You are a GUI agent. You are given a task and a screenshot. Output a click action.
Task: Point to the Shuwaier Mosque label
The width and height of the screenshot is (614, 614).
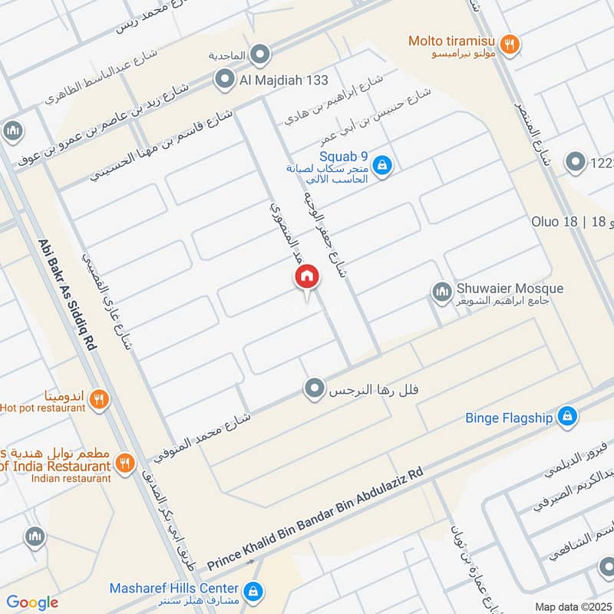510,289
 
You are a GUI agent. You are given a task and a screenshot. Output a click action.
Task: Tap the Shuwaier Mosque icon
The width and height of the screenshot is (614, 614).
441,292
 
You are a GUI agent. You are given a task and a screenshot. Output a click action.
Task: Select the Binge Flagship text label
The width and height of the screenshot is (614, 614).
509,418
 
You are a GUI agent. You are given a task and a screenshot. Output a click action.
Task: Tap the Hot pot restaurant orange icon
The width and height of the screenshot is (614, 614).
98,399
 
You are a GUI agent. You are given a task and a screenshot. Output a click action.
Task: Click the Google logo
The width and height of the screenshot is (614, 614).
32,602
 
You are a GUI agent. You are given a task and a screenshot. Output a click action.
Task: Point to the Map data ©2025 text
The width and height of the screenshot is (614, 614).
572,606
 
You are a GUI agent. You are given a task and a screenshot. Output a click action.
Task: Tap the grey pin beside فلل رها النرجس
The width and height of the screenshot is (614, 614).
313,389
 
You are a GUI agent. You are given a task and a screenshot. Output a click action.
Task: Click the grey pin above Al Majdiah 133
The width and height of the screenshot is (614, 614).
261,54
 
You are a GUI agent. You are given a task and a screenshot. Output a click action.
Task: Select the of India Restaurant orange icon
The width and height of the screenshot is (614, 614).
124,462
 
